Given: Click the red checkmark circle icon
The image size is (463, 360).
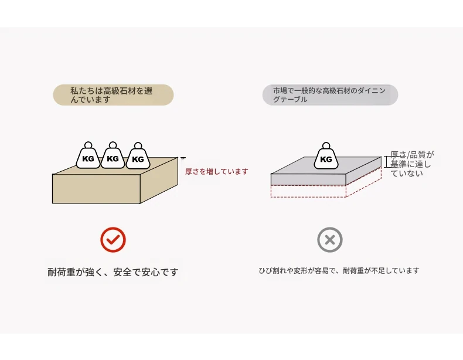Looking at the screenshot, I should tap(113, 239).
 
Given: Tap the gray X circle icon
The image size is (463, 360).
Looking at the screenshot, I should tap(330, 239).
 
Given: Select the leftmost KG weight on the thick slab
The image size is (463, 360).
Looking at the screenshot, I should tap(88, 157).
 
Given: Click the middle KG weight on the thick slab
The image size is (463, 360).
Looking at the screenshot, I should tap(113, 157).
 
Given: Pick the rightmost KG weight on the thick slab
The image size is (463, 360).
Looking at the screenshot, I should tap(138, 157).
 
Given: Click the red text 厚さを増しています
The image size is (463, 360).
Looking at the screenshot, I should tap(216, 172).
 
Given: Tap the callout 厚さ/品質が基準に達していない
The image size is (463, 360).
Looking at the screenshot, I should tap(412, 164).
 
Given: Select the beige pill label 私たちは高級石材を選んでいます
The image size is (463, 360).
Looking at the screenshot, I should tap(113, 95).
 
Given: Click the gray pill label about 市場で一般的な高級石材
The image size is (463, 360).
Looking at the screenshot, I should tap(330, 95).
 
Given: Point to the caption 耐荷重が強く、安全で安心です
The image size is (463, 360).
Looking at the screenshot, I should tap(113, 272).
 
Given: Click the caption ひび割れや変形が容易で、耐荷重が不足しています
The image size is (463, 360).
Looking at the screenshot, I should tap(339, 271).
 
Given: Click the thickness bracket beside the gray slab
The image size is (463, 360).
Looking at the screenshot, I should tap(387, 162).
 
